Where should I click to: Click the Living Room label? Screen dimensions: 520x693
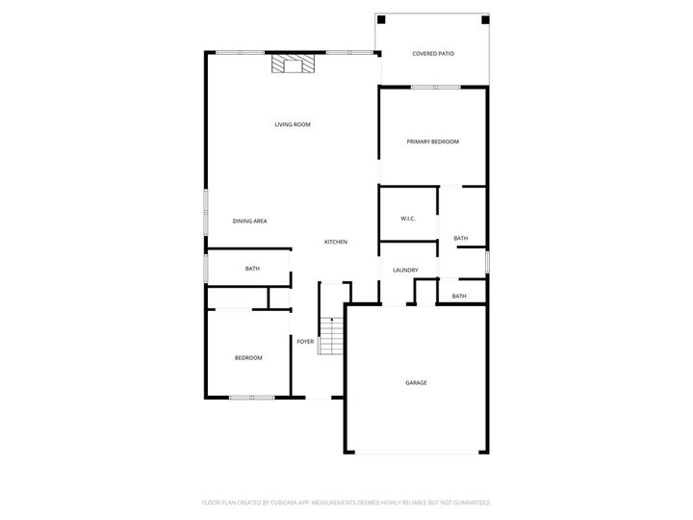click(x=293, y=124)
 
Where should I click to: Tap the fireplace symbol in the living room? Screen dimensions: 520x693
click(x=293, y=65)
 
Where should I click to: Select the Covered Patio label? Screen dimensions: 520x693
click(x=432, y=54)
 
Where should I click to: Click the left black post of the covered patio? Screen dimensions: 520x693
click(x=381, y=19)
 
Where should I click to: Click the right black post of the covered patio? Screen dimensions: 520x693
click(x=485, y=19)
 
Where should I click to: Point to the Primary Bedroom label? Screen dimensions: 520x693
click(x=432, y=142)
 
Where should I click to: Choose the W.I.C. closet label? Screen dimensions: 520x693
click(x=408, y=219)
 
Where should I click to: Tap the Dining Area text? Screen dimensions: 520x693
click(x=250, y=221)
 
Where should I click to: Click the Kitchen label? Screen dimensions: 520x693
click(x=335, y=242)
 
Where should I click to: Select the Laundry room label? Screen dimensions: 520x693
click(x=404, y=271)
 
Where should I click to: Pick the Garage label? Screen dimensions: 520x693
click(x=416, y=382)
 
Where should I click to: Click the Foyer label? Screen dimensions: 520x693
click(x=305, y=341)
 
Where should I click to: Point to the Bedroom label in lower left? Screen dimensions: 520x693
click(x=248, y=358)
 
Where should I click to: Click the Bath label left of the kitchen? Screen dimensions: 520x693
click(x=252, y=269)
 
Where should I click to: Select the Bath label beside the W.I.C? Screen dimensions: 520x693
click(x=461, y=239)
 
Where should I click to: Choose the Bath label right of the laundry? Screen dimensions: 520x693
click(x=459, y=296)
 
